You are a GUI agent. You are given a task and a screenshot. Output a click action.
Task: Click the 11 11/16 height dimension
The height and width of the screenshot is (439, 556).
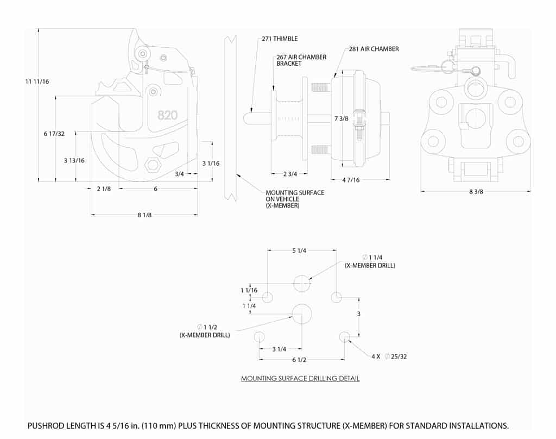pyautogui.click(x=37, y=81)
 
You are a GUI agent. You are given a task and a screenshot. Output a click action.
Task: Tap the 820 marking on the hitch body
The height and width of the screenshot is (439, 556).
pyautogui.click(x=167, y=115)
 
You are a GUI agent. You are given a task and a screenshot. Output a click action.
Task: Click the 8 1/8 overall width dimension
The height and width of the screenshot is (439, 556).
pyautogui.click(x=144, y=215)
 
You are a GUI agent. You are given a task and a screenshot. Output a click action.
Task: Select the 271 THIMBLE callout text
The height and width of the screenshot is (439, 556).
pyautogui.click(x=279, y=39)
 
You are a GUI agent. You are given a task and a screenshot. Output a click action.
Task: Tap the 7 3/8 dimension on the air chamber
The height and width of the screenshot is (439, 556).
pyautogui.click(x=342, y=118)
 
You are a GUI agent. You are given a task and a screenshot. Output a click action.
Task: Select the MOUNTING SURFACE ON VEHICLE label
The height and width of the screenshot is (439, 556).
pyautogui.click(x=294, y=199)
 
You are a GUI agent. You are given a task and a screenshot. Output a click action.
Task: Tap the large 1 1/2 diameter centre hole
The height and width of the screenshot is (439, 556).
pyautogui.click(x=302, y=313)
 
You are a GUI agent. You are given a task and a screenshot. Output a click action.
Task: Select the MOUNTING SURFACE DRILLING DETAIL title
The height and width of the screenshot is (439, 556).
pyautogui.click(x=300, y=378)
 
